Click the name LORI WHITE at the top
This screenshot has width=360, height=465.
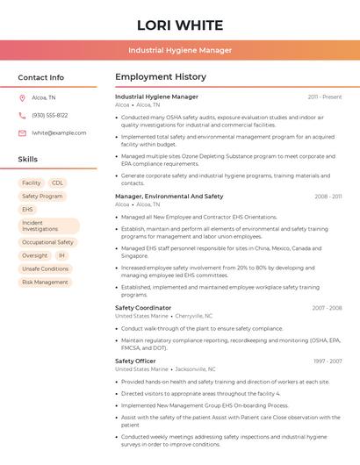click(x=180, y=25)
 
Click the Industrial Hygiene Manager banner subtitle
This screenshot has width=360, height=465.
click(x=180, y=50)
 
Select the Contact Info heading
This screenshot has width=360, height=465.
click(x=41, y=77)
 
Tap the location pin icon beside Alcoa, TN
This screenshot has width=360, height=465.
click(x=22, y=97)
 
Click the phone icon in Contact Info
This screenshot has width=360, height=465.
click(x=22, y=115)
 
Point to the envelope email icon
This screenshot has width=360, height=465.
click(x=22, y=132)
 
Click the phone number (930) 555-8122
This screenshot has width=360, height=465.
click(x=49, y=115)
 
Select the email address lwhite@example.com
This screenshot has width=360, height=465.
click(x=59, y=132)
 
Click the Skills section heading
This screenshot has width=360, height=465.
click(x=28, y=159)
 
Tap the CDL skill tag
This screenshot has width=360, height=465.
click(x=58, y=182)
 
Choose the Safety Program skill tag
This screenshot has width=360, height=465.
click(x=42, y=196)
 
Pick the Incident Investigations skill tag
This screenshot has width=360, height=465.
click(x=48, y=225)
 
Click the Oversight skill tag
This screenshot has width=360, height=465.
click(x=35, y=255)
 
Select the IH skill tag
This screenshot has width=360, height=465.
click(x=62, y=255)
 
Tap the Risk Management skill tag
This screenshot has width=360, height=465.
click(x=45, y=282)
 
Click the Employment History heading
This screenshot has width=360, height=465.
click(x=161, y=77)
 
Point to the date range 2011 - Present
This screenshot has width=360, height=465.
click(x=325, y=97)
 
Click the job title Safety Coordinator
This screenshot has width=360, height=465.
click(x=143, y=308)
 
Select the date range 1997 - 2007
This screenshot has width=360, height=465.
click(x=328, y=361)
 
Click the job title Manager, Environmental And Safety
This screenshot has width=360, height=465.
click(x=169, y=197)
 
